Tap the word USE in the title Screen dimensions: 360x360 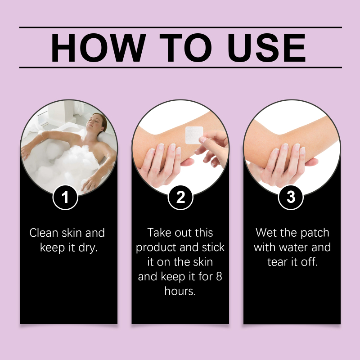[266, 48]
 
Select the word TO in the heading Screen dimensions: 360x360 [185, 48]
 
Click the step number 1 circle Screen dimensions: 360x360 [65, 198]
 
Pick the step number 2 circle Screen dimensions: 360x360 [180, 198]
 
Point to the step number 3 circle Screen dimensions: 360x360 [291, 198]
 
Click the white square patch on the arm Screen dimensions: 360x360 [194, 135]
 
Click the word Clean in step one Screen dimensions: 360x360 [44, 233]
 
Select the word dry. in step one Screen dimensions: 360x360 [88, 248]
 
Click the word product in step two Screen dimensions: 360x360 [156, 248]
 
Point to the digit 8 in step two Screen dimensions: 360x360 [219, 276]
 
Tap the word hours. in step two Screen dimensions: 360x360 [180, 291]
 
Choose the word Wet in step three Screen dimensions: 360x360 [266, 233]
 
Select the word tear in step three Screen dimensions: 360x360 [278, 262]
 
